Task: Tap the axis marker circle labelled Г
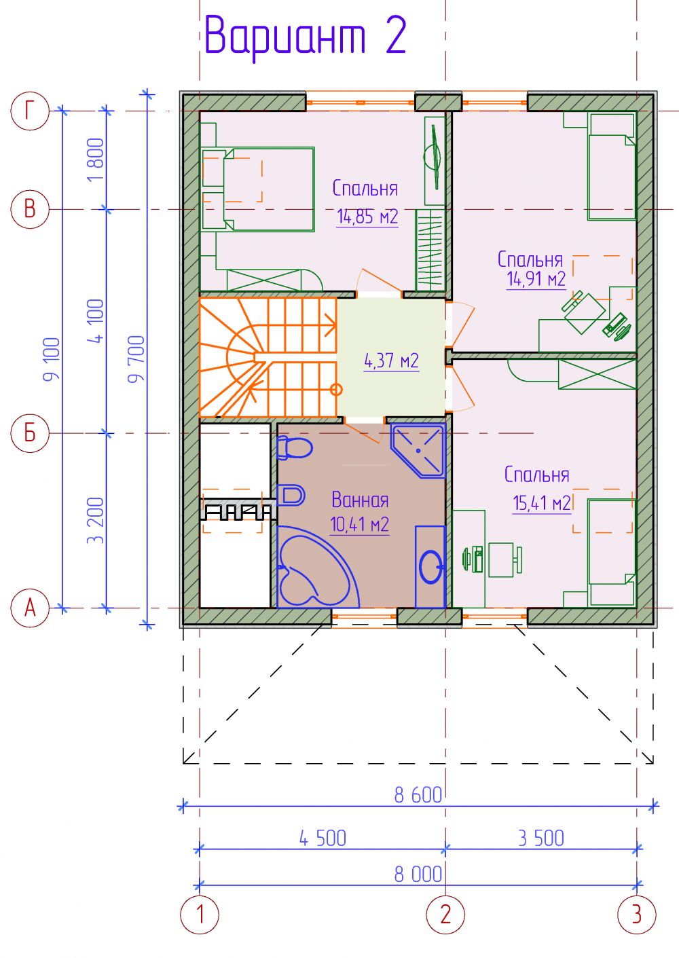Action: pyautogui.click(x=29, y=111)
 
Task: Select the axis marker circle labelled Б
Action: pyautogui.click(x=29, y=432)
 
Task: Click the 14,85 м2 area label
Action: pyautogui.click(x=367, y=217)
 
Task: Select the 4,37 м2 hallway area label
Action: pyautogui.click(x=391, y=361)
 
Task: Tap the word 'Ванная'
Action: pyautogui.click(x=360, y=500)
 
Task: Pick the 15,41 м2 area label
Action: pyautogui.click(x=542, y=503)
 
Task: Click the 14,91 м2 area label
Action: pyautogui.click(x=536, y=279)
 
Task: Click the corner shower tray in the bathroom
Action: pyautogui.click(x=418, y=451)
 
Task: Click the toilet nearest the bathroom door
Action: pyautogui.click(x=294, y=448)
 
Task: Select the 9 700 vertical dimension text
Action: pyautogui.click(x=137, y=359)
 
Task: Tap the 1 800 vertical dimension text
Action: pyautogui.click(x=95, y=160)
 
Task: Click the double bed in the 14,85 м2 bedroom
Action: pyautogui.click(x=258, y=189)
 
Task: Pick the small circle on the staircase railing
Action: pyautogui.click(x=337, y=390)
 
